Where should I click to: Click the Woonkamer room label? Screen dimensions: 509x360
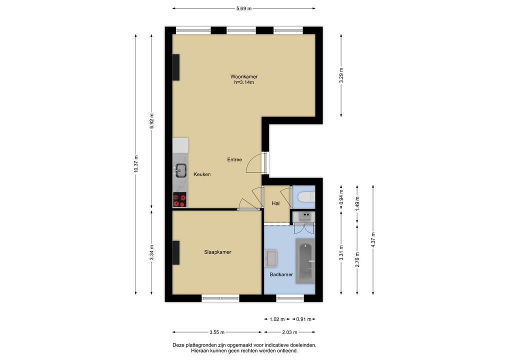[x=244, y=76]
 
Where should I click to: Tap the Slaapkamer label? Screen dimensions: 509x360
[x=217, y=252]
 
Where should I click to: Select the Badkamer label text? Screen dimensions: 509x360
[x=281, y=274]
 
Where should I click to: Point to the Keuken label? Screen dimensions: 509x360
[x=202, y=174]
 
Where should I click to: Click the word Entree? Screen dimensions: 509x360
[x=234, y=159]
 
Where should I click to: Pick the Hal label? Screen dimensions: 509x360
[x=276, y=203]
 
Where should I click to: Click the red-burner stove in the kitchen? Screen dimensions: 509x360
[x=179, y=199]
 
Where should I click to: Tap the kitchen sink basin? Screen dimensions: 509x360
[x=180, y=170]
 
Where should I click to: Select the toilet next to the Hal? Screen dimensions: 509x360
[x=306, y=196]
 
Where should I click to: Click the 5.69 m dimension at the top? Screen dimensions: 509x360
[x=244, y=8]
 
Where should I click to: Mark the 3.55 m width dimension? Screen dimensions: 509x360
[x=217, y=332]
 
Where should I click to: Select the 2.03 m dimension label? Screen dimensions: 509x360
[x=289, y=332]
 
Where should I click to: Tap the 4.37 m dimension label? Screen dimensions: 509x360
[x=373, y=240]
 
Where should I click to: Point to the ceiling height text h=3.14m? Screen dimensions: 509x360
[x=244, y=82]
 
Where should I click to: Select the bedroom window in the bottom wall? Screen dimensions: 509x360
[x=220, y=298]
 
